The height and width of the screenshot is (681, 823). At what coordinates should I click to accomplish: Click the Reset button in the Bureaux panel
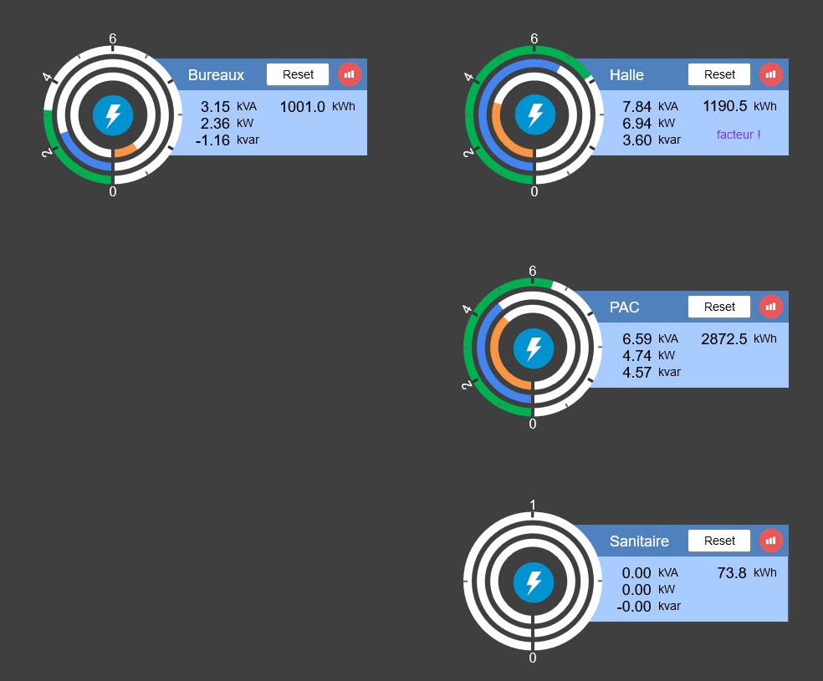[298, 74]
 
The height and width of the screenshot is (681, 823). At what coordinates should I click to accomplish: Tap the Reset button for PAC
[719, 307]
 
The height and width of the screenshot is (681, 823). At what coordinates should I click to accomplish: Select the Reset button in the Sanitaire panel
[719, 541]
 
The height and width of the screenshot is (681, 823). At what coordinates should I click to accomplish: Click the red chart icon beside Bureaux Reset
[350, 74]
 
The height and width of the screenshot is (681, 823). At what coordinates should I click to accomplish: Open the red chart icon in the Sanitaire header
[771, 541]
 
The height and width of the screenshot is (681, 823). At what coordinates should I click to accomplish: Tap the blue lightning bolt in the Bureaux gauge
[113, 114]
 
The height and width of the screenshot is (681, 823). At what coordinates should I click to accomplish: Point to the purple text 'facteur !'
[739, 135]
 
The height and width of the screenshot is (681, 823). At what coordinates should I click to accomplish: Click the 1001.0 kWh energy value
[302, 107]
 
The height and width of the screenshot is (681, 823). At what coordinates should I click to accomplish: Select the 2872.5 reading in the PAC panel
[723, 339]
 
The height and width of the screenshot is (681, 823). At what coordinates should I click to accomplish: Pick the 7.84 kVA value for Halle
[636, 107]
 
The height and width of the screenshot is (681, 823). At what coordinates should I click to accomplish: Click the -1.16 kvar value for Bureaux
[212, 140]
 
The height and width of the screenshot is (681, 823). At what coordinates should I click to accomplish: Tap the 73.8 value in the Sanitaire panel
[732, 573]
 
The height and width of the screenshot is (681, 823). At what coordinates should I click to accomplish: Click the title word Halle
[626, 75]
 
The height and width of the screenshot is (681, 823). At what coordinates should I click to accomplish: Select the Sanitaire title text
[639, 541]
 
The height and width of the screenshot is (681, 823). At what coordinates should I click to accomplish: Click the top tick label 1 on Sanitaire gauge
[533, 505]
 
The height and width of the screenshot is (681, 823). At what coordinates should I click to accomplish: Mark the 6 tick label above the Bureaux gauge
[113, 38]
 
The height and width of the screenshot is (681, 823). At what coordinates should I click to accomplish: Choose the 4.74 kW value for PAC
[636, 356]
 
